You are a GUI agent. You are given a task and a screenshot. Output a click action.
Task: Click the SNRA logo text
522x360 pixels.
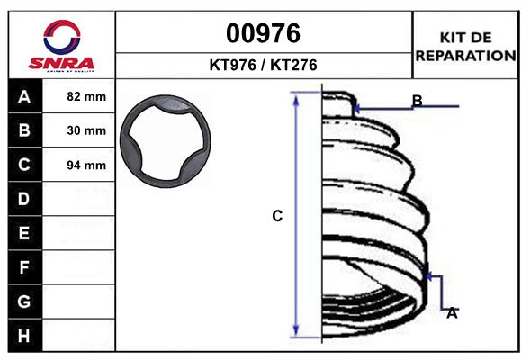click(61, 63)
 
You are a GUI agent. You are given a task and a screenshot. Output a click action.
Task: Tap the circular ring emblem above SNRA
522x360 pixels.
click(62, 37)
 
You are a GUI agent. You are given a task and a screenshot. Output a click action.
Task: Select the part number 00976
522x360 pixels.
click(263, 33)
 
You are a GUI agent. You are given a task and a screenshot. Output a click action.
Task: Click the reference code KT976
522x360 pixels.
click(233, 65)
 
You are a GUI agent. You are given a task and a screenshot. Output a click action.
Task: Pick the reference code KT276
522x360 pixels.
click(293, 65)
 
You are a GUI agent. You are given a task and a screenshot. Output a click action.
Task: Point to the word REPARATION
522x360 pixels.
click(465, 56)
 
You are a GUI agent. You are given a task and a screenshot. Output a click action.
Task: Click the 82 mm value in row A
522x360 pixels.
click(86, 96)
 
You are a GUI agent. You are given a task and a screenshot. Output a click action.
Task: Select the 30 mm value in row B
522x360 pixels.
click(86, 130)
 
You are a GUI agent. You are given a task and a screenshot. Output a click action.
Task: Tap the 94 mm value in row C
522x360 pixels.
click(86, 166)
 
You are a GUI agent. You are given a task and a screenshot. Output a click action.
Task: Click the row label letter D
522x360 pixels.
click(24, 199)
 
